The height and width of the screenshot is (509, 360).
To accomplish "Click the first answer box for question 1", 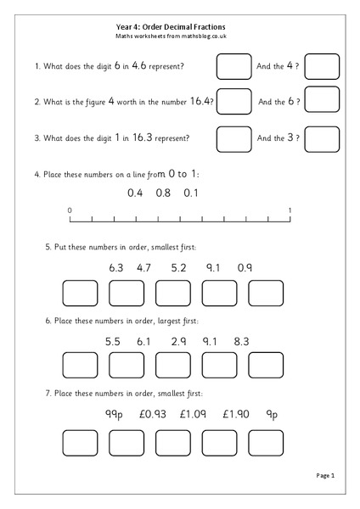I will point(234,65).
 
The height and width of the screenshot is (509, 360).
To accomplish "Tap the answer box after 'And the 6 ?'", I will point(322,101).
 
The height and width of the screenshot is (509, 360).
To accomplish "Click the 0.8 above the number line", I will point(162,193).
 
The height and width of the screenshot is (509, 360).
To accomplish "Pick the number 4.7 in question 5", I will point(143,268).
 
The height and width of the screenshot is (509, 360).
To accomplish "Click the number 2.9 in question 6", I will point(178,341).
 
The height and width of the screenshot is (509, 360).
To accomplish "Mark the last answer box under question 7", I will point(265,442).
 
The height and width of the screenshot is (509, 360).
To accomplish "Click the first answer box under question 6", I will point(81,365).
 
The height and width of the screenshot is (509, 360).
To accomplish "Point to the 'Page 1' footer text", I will point(326,476).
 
